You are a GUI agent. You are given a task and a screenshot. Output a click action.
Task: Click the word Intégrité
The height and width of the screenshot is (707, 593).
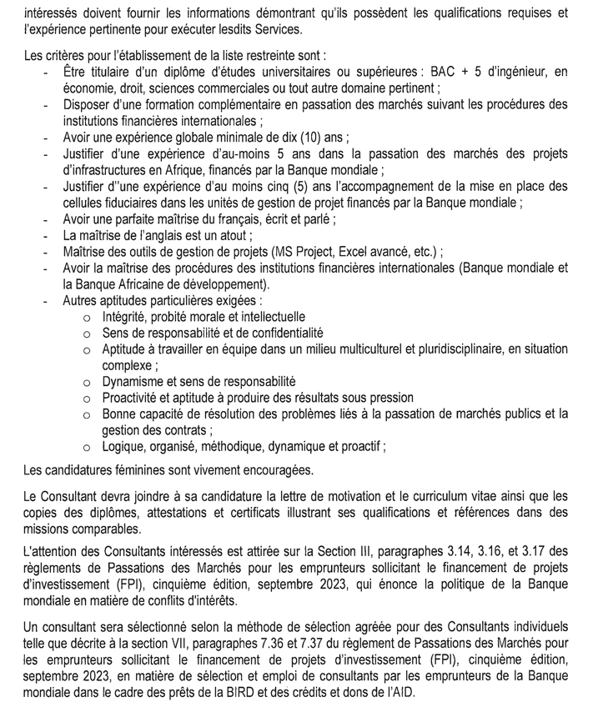click(124, 317)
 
